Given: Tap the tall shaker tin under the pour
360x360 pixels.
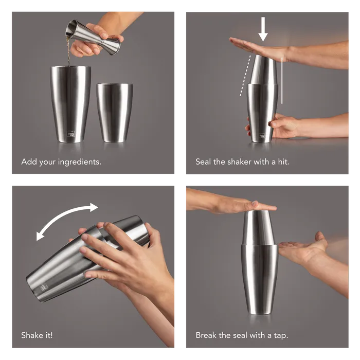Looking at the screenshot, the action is point(70,104).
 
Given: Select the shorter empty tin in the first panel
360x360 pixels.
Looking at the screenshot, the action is point(115,113).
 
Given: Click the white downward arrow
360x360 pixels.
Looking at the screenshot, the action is point(263,29).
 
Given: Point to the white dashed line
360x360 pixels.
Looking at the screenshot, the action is point(245,76).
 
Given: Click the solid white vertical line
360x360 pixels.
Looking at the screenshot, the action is point(282,81).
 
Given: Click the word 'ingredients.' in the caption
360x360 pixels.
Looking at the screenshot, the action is point(79,163).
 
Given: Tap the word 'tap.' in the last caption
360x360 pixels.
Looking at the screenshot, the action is point(281,336).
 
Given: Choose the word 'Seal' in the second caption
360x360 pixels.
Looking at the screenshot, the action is point(203,162).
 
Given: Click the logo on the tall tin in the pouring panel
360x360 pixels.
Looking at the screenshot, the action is point(71,134).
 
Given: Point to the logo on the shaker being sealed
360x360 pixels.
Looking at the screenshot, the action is point(262,136).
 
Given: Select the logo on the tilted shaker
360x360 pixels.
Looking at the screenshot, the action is point(44,286).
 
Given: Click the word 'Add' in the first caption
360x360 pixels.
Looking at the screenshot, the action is point(29,162).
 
